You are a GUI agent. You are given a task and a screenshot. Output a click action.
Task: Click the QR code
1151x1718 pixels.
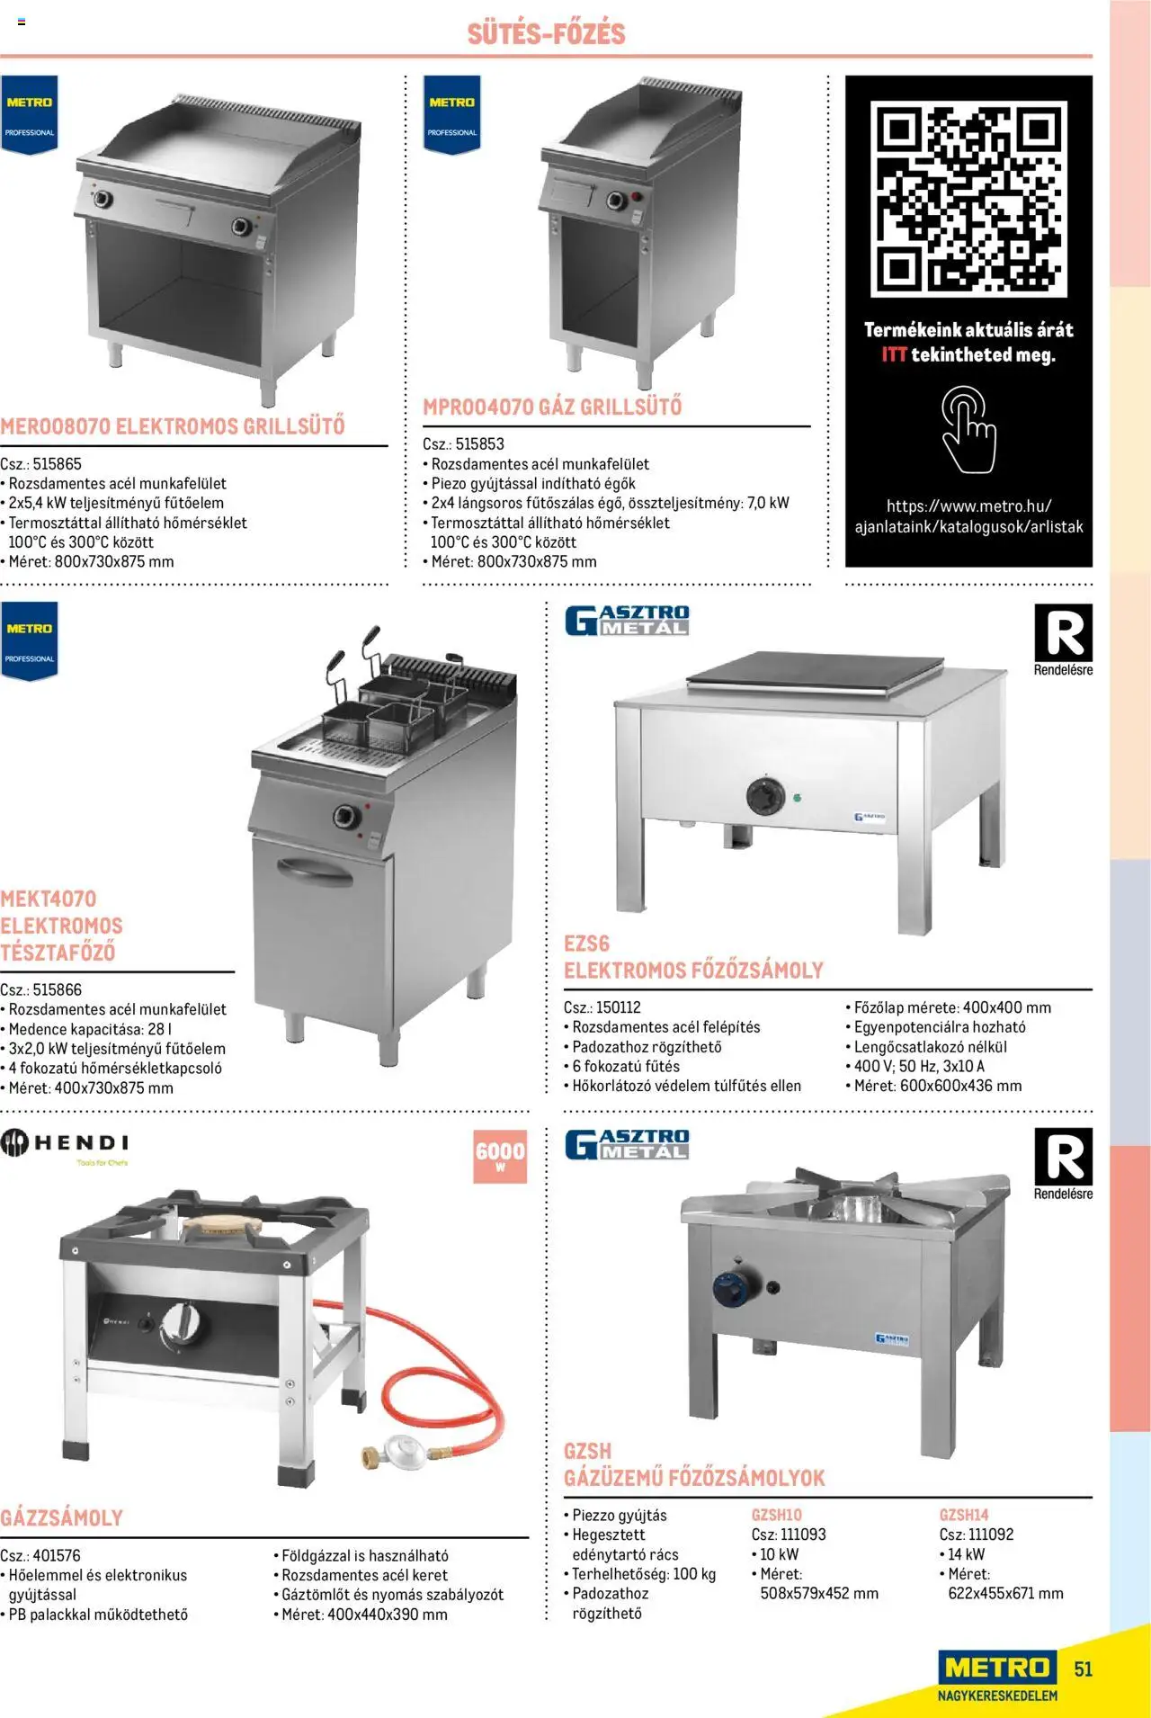tap(968, 199)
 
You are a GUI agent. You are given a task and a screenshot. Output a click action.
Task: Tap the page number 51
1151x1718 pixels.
tap(1084, 1669)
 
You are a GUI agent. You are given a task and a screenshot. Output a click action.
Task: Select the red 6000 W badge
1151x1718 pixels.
tap(500, 1156)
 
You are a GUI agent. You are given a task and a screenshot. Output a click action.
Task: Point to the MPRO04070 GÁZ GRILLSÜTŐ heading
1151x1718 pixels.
tap(552, 407)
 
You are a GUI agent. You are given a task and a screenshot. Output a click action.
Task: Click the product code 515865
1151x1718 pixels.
tap(57, 464)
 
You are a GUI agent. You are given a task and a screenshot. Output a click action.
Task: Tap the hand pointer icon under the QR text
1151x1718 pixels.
tap(968, 430)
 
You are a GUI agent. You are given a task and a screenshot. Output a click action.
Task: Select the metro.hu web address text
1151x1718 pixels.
tap(968, 516)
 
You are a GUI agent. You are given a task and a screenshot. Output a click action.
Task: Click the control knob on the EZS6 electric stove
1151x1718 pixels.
tap(765, 796)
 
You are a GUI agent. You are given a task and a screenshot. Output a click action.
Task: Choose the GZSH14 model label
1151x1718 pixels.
tap(964, 1515)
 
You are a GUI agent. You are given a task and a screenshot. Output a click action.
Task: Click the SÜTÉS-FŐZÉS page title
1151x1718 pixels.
tap(546, 33)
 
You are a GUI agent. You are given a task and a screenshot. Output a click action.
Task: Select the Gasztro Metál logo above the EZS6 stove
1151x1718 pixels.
tap(627, 621)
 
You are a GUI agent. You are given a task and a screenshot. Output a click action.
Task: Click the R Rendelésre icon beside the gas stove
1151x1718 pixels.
tap(1063, 1164)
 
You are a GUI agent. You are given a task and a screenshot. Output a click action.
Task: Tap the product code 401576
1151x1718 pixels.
tap(57, 1555)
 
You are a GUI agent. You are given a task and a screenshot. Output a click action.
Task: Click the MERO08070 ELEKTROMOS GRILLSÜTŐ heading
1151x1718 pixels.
tap(173, 426)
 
